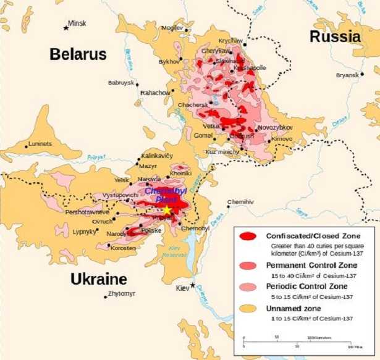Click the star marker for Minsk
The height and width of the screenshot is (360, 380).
pyautogui.click(x=66, y=27)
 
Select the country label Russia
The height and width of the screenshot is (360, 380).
pyautogui.click(x=335, y=36)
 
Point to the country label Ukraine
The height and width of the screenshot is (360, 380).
pyautogui.click(x=98, y=278)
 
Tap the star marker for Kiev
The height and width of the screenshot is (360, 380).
pyautogui.click(x=193, y=285)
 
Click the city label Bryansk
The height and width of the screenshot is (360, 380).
pyautogui.click(x=347, y=75)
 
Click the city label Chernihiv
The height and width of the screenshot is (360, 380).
pyautogui.click(x=240, y=202)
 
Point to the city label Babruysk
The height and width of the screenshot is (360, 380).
pyautogui.click(x=120, y=82)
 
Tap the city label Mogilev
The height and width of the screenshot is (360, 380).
pyautogui.click(x=172, y=28)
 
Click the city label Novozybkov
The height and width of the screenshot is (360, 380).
pyautogui.click(x=275, y=127)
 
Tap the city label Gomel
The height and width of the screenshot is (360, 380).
pyautogui.click(x=203, y=135)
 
